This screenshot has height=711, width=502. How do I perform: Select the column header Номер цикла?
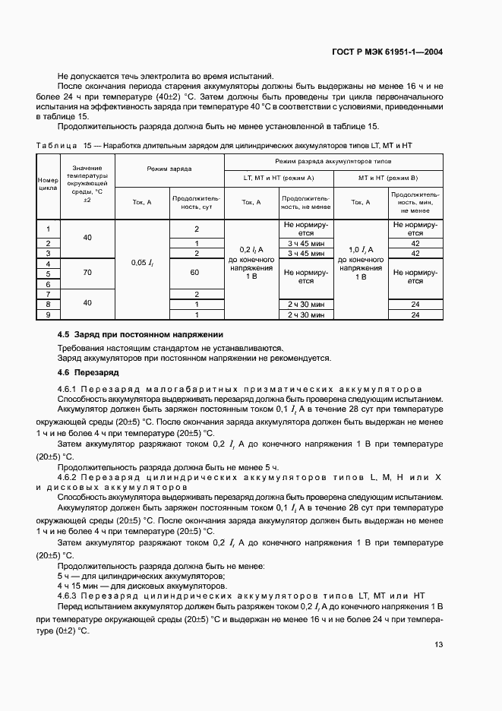(x=48, y=185)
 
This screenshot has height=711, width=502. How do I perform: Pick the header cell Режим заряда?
(x=169, y=168)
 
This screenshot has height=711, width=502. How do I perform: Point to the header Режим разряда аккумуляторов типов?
(x=333, y=161)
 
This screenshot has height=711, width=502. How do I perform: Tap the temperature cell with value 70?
(x=87, y=271)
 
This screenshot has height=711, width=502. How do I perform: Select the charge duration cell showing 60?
(x=196, y=271)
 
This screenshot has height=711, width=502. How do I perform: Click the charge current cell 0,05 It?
(x=142, y=263)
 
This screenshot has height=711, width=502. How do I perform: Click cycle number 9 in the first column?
(x=48, y=314)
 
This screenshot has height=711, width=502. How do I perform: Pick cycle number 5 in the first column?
(x=48, y=273)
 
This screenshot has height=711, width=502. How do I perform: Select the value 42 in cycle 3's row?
(x=415, y=253)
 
